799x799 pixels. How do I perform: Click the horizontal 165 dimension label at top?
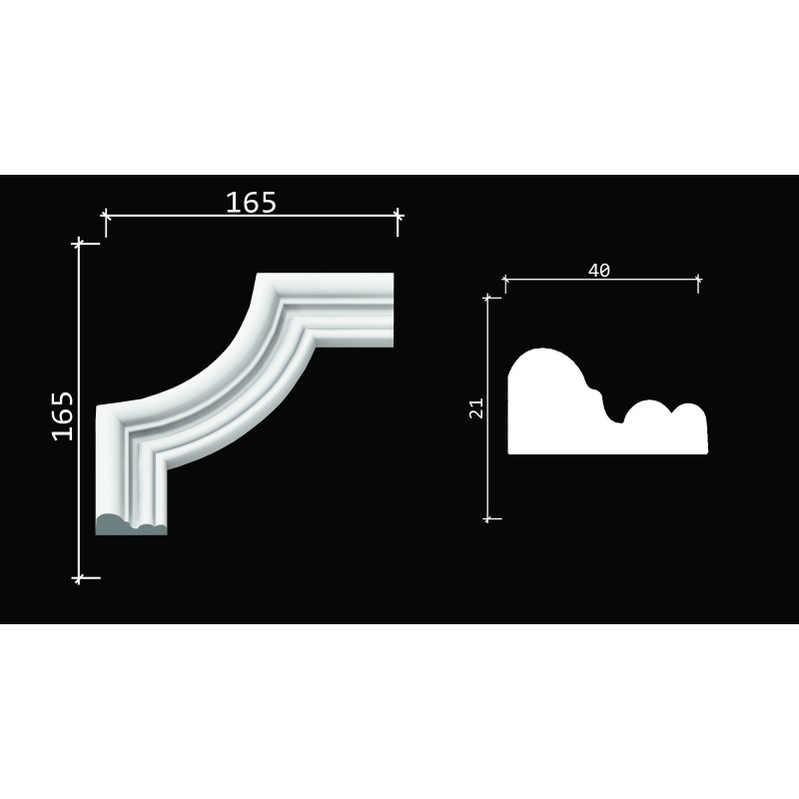(x=251, y=203)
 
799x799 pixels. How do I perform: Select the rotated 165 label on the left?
(x=63, y=416)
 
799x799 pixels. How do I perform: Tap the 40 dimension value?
(x=598, y=270)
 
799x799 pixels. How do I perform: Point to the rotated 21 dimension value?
(x=476, y=408)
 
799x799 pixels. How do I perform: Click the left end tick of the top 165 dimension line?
(x=106, y=216)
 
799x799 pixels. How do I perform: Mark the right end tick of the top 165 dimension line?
(x=398, y=216)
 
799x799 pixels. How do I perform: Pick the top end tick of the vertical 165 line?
(x=79, y=244)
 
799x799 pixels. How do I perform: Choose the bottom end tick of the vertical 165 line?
(x=79, y=578)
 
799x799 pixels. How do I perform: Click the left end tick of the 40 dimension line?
(x=505, y=280)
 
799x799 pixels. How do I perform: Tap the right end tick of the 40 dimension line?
(x=698, y=280)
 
